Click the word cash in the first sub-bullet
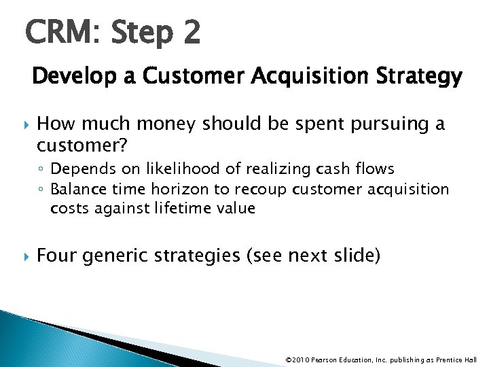coord(352,169)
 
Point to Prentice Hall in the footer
coord(460,360)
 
